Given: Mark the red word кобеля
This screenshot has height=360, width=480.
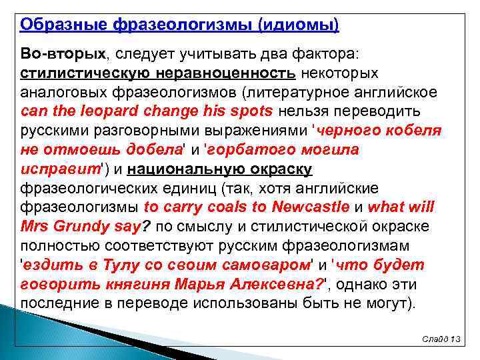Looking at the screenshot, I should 409,130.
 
